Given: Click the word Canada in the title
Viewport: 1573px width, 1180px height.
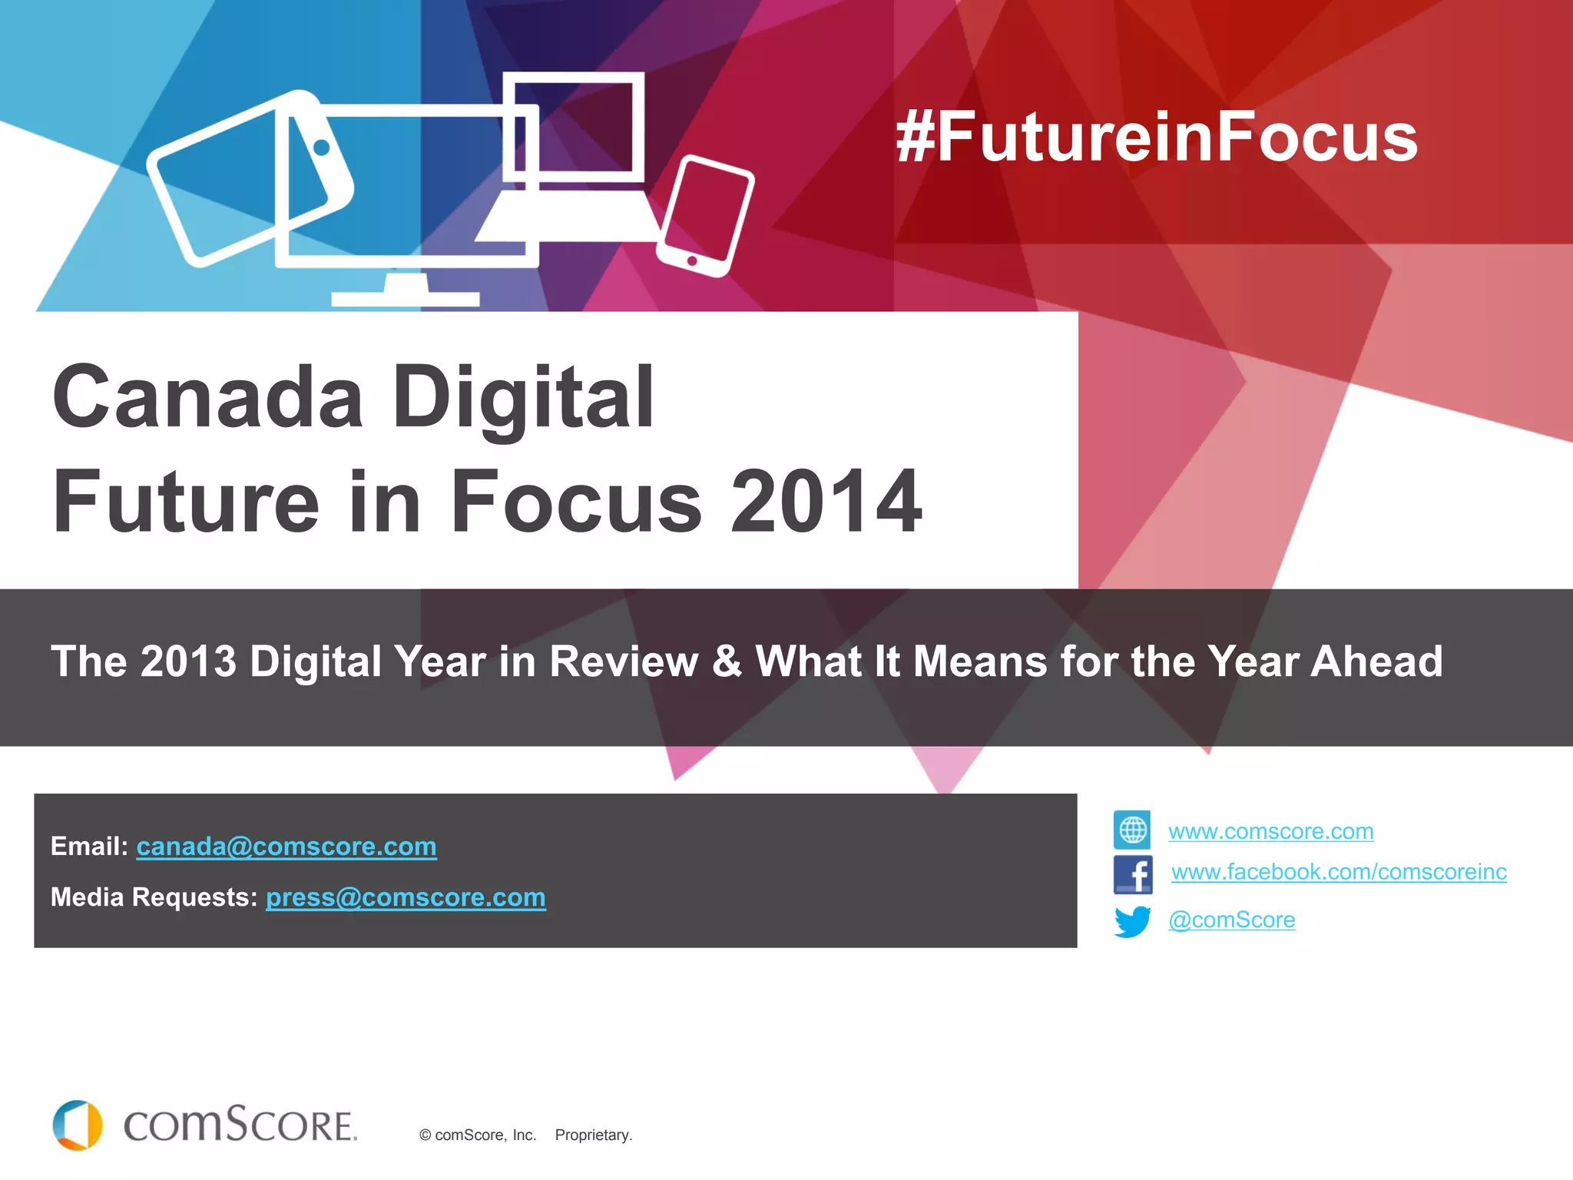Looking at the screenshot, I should click(x=207, y=398).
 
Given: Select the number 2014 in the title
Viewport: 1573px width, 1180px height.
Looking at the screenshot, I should click(x=826, y=502).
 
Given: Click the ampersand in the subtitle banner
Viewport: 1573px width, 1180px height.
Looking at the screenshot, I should click(x=727, y=661).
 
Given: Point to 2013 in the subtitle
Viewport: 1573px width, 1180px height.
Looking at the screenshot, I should click(x=189, y=661).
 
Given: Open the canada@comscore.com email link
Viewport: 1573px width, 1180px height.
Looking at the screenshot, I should click(x=286, y=847).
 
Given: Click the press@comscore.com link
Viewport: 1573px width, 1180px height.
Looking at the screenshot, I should click(x=406, y=897).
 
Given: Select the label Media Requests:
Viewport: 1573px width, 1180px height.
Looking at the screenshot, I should click(x=154, y=897).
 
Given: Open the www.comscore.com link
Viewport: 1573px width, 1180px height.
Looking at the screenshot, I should click(x=1270, y=831).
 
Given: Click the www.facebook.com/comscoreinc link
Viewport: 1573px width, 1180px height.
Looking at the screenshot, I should click(x=1338, y=872).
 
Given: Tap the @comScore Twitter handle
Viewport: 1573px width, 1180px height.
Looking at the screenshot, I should click(x=1231, y=920).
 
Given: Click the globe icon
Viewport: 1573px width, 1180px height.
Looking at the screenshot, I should click(x=1132, y=830).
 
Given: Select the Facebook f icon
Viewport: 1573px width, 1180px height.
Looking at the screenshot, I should click(x=1133, y=874).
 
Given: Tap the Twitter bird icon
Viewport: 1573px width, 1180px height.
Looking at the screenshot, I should click(x=1132, y=921).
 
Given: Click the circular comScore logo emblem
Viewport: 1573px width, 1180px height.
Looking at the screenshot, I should click(x=78, y=1125).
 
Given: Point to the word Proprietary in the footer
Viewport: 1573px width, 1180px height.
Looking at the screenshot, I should click(x=593, y=1135).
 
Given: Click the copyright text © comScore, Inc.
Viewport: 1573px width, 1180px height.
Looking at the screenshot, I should click(x=477, y=1135).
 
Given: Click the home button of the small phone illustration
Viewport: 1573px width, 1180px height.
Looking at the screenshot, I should click(x=692, y=260).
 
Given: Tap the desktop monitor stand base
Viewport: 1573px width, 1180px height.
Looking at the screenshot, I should click(x=405, y=299).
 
